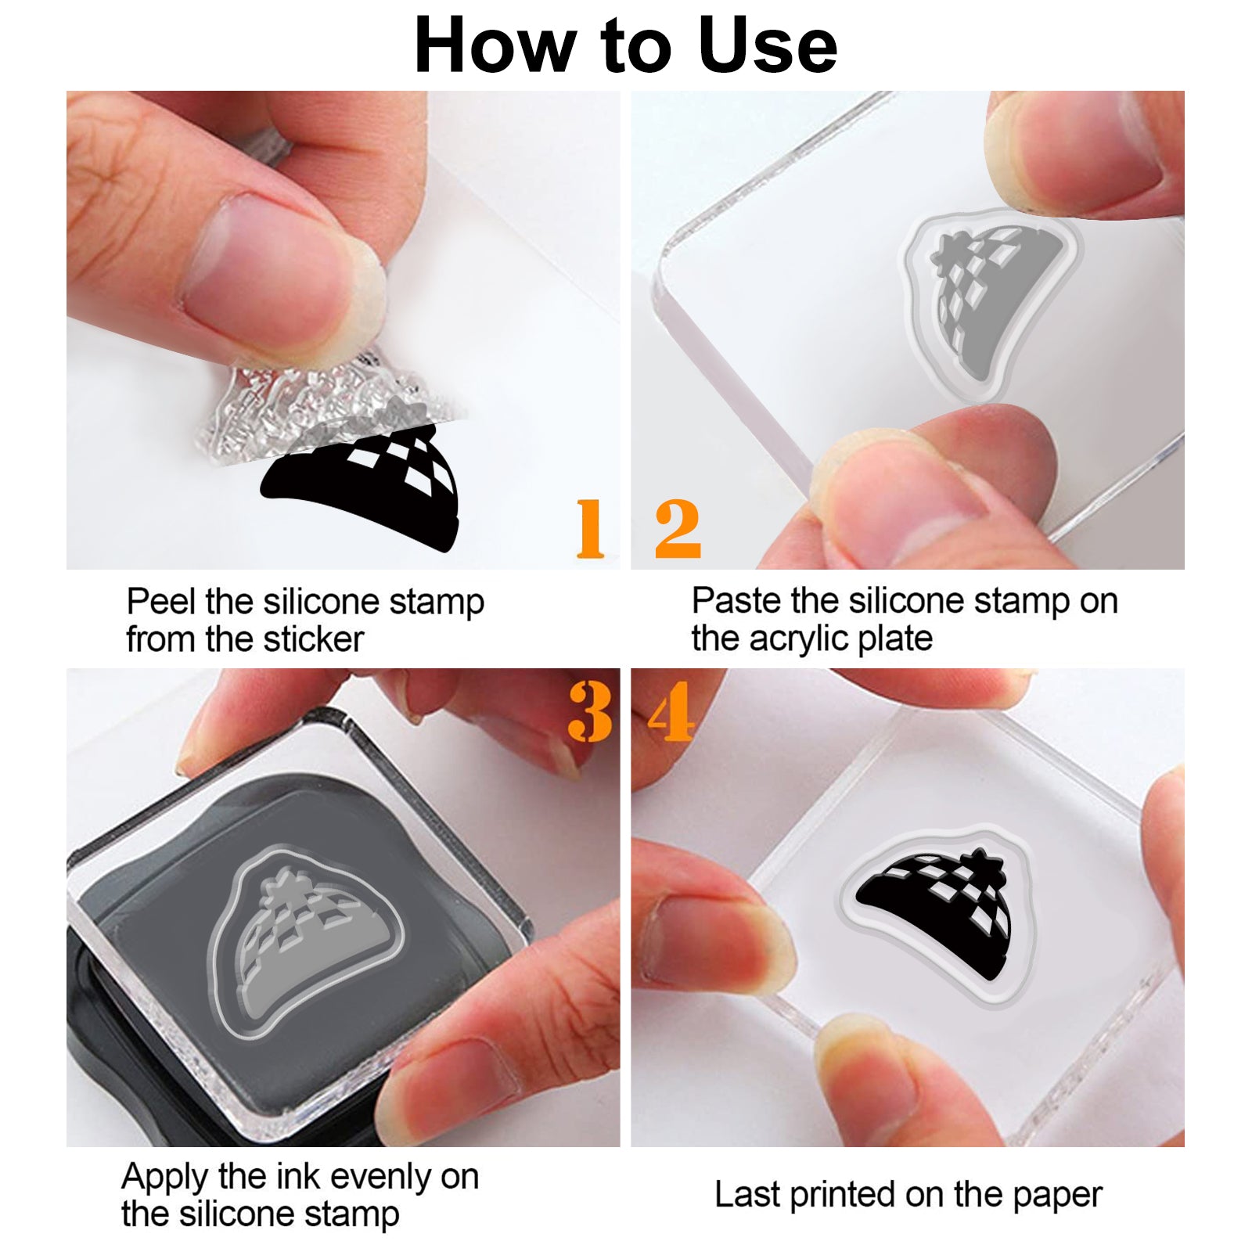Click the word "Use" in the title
[768, 45]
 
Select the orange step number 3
[590, 711]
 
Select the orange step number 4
[671, 711]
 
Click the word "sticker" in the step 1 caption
[314, 639]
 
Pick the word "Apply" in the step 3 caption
[165, 1178]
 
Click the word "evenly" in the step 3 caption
[375, 1178]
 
